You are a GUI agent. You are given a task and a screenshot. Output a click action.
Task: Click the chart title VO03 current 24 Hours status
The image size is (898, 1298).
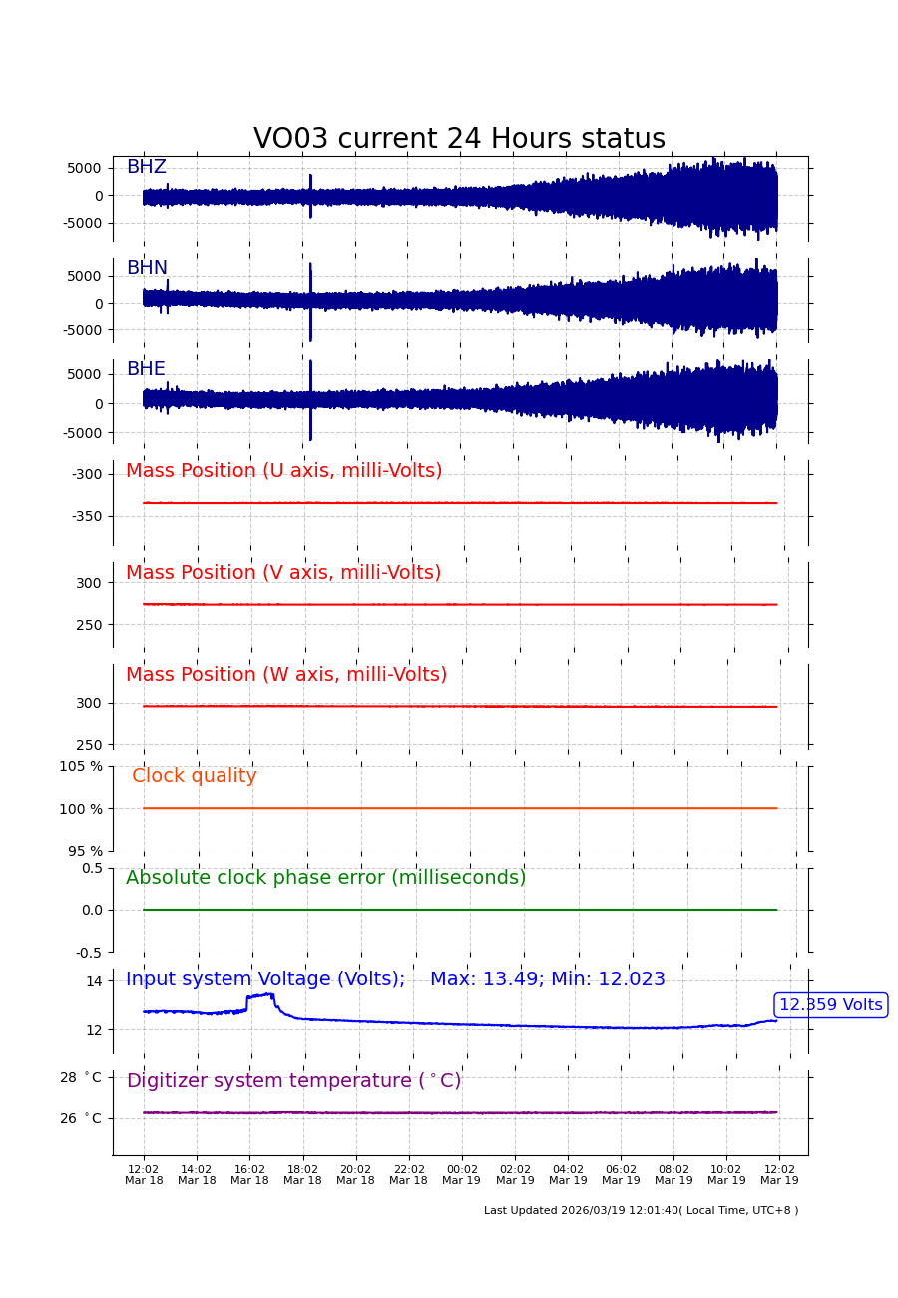coord(459,139)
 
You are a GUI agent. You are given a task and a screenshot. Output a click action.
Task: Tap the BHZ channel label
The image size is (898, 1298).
coord(146,167)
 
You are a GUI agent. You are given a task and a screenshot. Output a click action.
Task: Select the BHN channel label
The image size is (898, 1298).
coord(147,268)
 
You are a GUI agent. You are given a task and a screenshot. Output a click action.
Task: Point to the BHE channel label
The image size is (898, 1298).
coord(146,369)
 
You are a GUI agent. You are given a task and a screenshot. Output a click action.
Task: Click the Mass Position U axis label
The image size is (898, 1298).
coord(283,471)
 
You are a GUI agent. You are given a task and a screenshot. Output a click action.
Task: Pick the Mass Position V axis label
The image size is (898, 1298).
coord(283,573)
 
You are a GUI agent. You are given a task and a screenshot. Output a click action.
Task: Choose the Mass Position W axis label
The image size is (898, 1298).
coord(286,675)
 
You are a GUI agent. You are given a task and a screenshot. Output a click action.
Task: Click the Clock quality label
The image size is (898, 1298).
coord(195,776)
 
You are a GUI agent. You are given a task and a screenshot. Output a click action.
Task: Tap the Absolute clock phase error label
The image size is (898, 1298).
coord(325,878)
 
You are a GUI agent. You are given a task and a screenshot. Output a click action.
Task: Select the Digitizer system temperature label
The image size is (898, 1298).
coord(293,1081)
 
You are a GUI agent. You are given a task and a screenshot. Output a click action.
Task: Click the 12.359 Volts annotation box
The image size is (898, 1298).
coord(830,1005)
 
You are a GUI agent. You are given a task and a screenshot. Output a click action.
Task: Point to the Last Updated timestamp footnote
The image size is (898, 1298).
coord(641,1210)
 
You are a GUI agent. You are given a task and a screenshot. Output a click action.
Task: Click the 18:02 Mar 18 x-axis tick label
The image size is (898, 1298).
coord(302,1175)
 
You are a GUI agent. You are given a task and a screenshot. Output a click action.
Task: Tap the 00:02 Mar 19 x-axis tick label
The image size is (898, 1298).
coord(461,1175)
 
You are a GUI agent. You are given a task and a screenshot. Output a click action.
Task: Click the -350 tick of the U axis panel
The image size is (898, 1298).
coord(86,516)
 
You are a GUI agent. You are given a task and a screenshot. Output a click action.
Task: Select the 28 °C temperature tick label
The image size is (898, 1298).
coord(80,1077)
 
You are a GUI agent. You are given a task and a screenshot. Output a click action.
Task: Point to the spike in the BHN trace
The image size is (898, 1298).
coord(310,303)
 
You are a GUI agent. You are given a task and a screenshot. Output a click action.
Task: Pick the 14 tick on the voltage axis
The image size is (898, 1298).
coord(94,981)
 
